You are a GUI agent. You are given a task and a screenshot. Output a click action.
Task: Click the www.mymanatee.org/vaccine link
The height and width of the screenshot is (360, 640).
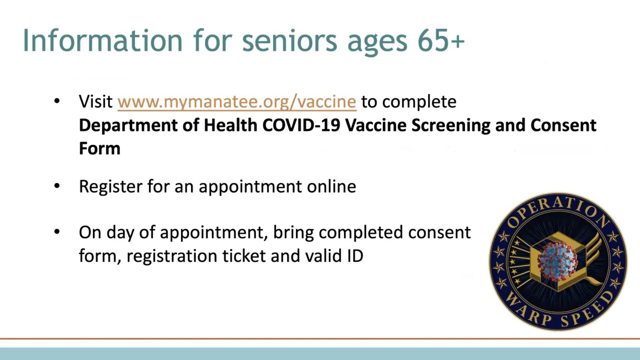[237, 102]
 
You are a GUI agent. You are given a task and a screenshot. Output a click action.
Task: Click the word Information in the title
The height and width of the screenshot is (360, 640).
[102, 40]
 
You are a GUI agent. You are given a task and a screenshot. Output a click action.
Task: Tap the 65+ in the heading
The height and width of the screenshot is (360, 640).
[441, 40]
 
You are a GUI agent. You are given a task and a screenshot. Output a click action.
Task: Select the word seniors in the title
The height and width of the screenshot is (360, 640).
[289, 40]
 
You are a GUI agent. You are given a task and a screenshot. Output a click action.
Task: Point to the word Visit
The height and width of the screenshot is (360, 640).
[95, 101]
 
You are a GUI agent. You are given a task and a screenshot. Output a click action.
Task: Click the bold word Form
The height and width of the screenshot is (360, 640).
[99, 148]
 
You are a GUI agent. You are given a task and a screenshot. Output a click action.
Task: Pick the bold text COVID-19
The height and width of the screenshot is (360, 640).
[301, 125]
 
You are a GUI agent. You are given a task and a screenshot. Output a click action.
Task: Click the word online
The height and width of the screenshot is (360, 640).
[331, 186]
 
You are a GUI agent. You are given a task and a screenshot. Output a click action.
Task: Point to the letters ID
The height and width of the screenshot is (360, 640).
[355, 255]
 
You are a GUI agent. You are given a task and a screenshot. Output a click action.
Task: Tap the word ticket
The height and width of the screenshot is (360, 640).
[244, 255]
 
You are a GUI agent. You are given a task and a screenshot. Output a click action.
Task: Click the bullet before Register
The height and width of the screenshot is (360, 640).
[57, 186]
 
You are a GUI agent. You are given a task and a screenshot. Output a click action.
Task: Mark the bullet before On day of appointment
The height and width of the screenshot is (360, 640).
[57, 231]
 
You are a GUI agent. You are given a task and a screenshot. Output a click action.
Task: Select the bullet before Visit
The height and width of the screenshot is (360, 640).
[57, 101]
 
